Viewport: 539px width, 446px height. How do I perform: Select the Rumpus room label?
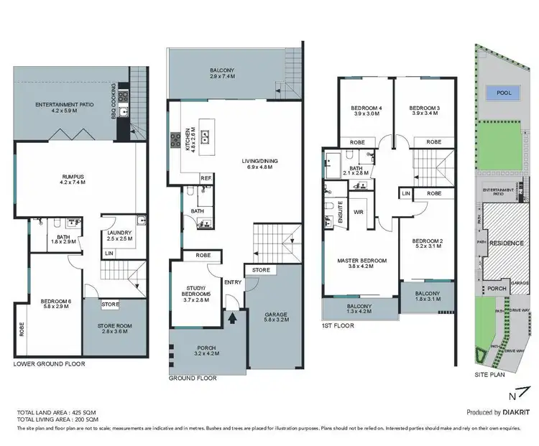[71, 179]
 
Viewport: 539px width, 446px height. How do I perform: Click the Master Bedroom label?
[362, 264]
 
